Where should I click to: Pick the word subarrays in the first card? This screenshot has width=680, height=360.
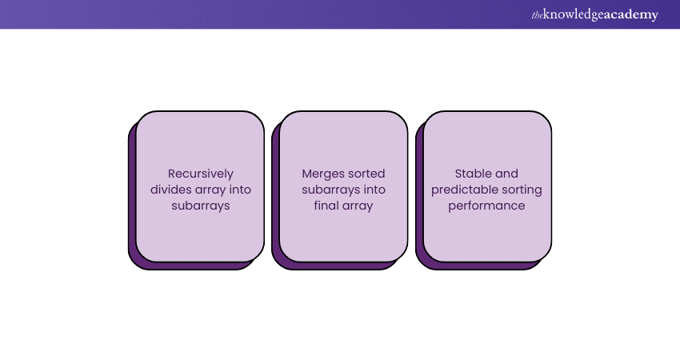[199, 206]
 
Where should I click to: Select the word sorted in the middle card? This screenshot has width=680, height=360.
[365, 173]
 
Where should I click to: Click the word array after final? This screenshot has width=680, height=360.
[358, 206]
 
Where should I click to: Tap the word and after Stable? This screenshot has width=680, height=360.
[506, 173]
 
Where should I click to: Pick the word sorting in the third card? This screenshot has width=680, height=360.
[521, 190]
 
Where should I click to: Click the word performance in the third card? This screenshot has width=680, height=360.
[486, 206]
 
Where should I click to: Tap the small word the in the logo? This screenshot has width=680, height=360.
[535, 15]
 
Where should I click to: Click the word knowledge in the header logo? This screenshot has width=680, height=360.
[573, 15]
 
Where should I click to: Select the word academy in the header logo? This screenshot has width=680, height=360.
[631, 15]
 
